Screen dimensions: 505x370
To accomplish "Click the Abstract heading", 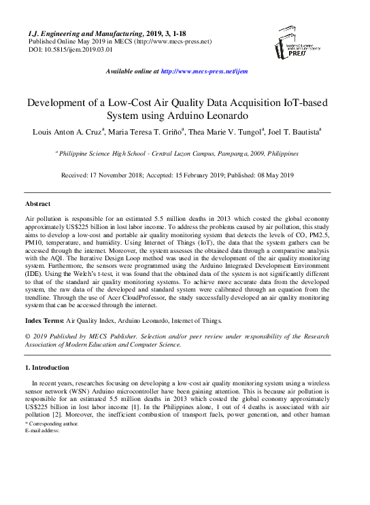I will click(37, 204).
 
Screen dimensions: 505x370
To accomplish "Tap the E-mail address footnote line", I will click(43, 430).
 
